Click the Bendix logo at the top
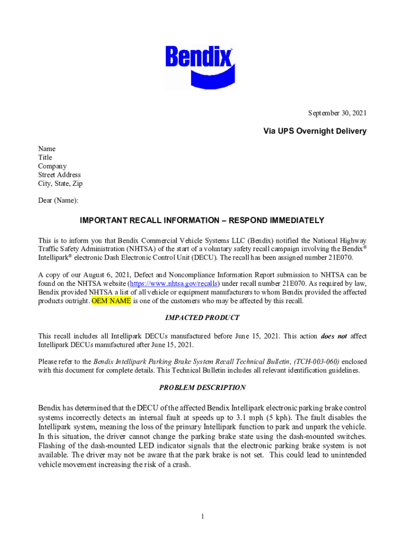tap(199, 66)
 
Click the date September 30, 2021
tap(337, 113)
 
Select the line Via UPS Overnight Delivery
tap(315, 131)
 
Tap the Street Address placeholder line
tap(59, 175)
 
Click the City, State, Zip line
tap(60, 184)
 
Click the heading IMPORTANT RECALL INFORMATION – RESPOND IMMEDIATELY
tap(202, 221)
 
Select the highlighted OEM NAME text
tap(112, 301)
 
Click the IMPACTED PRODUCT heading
tap(202, 318)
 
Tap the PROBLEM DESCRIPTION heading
tap(202, 388)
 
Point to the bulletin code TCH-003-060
tap(317, 362)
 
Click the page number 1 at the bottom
tap(202, 516)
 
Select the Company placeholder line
tap(52, 166)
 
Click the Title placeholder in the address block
tap(45, 157)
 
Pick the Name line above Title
tap(47, 149)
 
